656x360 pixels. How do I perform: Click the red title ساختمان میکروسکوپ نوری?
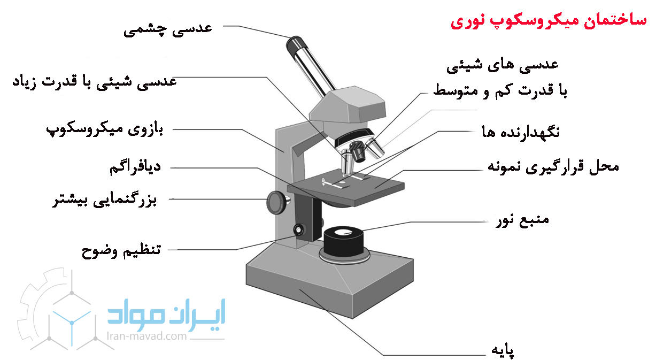548,21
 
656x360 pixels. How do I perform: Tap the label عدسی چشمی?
167,30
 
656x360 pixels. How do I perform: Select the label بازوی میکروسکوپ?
105,130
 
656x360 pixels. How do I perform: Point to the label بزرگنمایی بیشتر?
104,200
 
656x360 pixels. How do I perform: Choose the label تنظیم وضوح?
121,251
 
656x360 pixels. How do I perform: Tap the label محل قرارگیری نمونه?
553,167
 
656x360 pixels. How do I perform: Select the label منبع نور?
522,220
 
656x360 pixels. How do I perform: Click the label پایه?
503,350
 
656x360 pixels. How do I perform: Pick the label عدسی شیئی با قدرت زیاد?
94,82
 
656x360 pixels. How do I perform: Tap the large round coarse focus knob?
277,202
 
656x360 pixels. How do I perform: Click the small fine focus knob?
299,229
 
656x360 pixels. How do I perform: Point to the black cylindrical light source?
344,241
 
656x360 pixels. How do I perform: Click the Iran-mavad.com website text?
146,336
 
